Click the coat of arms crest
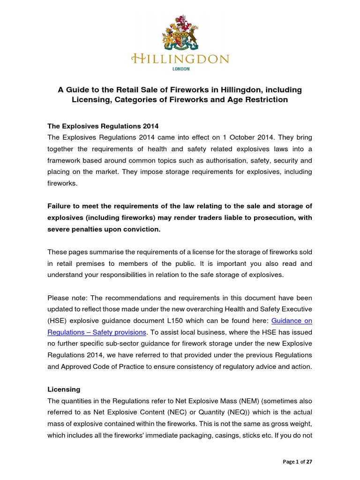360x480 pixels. (180, 34)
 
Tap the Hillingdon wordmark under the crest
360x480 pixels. (180, 59)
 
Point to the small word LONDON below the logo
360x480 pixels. (180, 69)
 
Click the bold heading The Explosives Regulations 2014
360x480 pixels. (103, 126)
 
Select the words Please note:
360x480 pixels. (67, 298)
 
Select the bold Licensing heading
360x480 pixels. (64, 390)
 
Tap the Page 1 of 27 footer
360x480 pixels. (298, 462)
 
